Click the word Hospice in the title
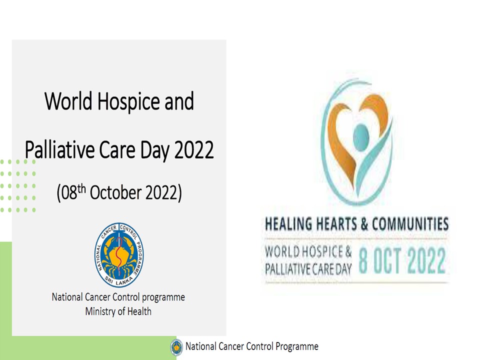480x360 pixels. coord(128,101)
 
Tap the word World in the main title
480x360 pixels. coord(68,100)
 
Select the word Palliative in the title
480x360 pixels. coord(59,149)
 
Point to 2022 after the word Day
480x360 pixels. coord(194,149)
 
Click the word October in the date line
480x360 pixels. coord(115,192)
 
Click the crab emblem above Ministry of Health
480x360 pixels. coord(119,255)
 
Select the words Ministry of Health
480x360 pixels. coord(118,311)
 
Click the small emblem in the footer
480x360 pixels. coord(176,347)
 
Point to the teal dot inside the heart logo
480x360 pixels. coord(361,138)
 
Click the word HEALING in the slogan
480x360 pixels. coord(288,223)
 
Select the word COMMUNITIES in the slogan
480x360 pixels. coord(410,223)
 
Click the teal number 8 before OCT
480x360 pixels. coord(363,260)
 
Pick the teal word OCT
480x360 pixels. coord(387,260)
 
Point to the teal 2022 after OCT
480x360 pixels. coord(426,260)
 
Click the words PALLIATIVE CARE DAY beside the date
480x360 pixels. coord(308,269)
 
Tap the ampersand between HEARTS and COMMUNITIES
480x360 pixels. coord(364,223)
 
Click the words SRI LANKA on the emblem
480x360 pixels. coord(119,280)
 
